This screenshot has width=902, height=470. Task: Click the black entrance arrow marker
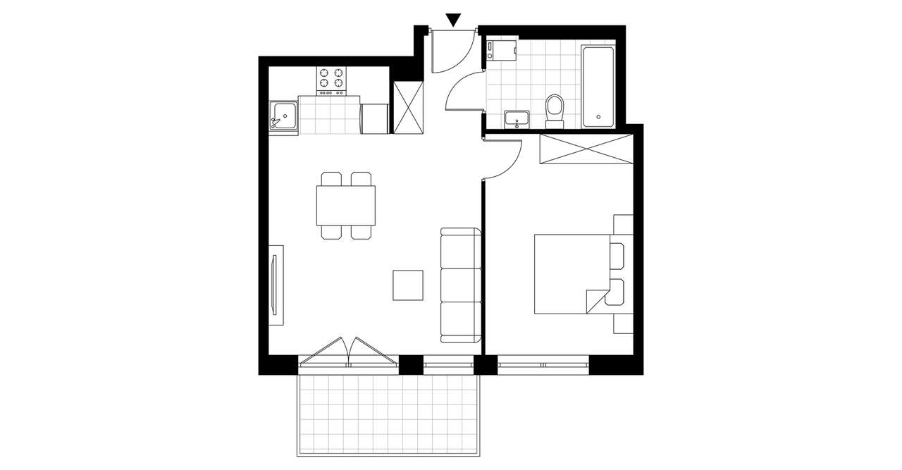(455, 20)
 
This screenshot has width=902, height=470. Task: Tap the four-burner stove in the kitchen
(332, 81)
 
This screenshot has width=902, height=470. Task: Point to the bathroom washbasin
(518, 119)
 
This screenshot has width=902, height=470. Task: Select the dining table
(345, 204)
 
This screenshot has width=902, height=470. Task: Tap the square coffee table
(408, 285)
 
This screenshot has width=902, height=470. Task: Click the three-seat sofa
(460, 285)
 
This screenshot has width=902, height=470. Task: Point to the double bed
(571, 274)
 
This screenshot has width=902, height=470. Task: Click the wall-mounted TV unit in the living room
(276, 285)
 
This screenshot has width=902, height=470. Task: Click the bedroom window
(543, 365)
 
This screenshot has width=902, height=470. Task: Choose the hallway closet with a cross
(408, 108)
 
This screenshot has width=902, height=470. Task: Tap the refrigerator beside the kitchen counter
(374, 118)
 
